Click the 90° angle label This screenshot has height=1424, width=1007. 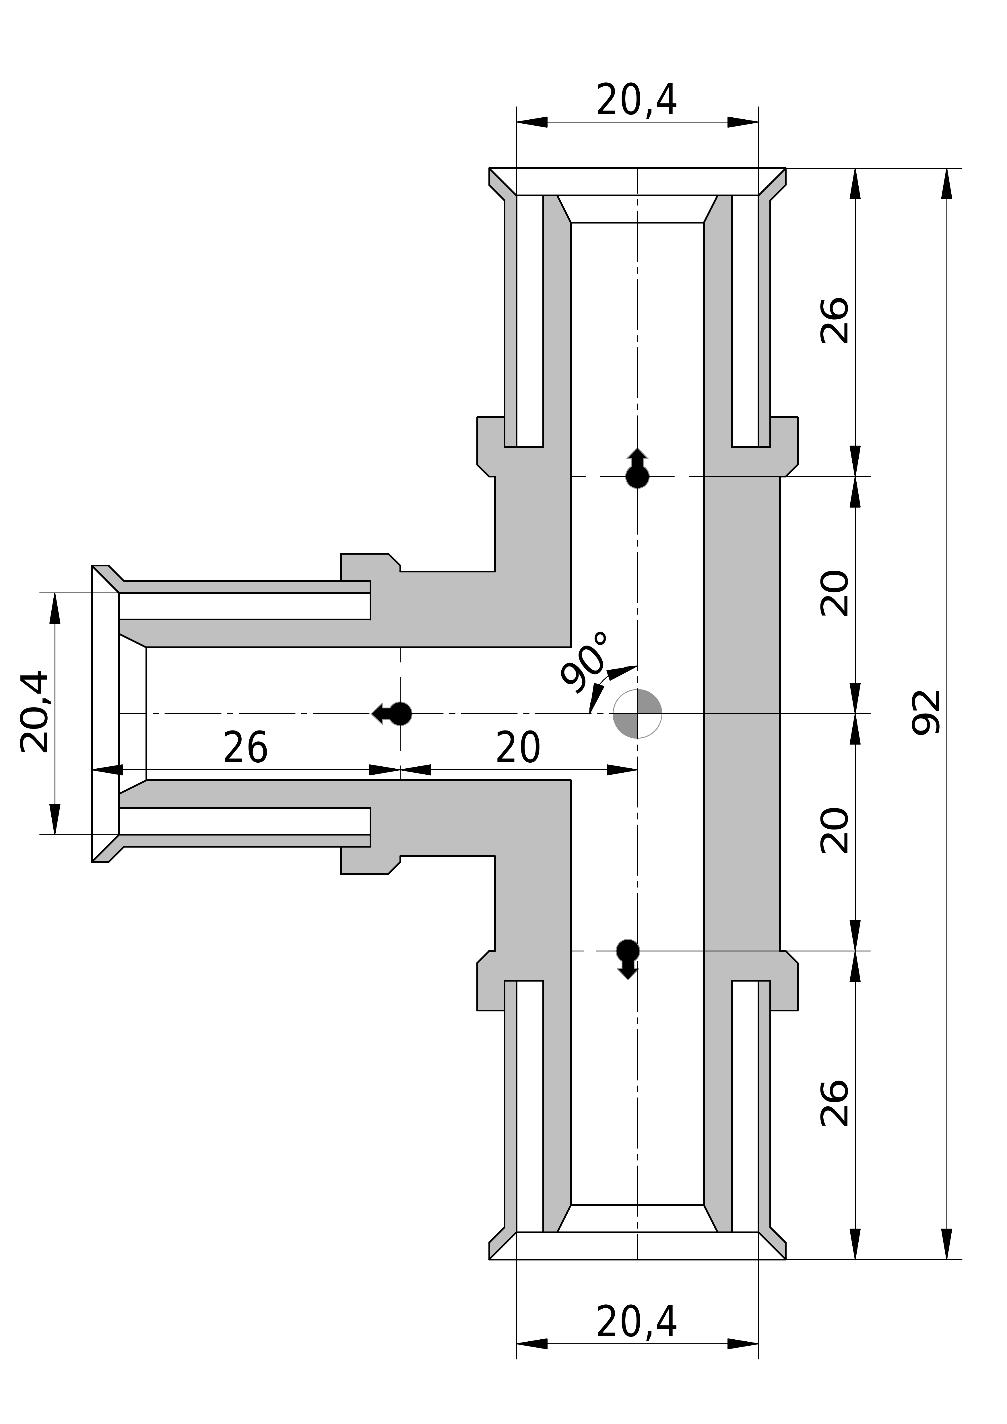(x=583, y=663)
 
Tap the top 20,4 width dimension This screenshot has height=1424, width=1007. (x=637, y=100)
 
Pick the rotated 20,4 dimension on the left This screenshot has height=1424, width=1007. (x=35, y=712)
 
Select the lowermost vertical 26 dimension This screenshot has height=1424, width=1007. (x=835, y=1103)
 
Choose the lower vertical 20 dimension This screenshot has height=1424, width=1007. (x=835, y=831)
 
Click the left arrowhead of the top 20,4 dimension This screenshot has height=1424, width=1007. (x=532, y=122)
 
